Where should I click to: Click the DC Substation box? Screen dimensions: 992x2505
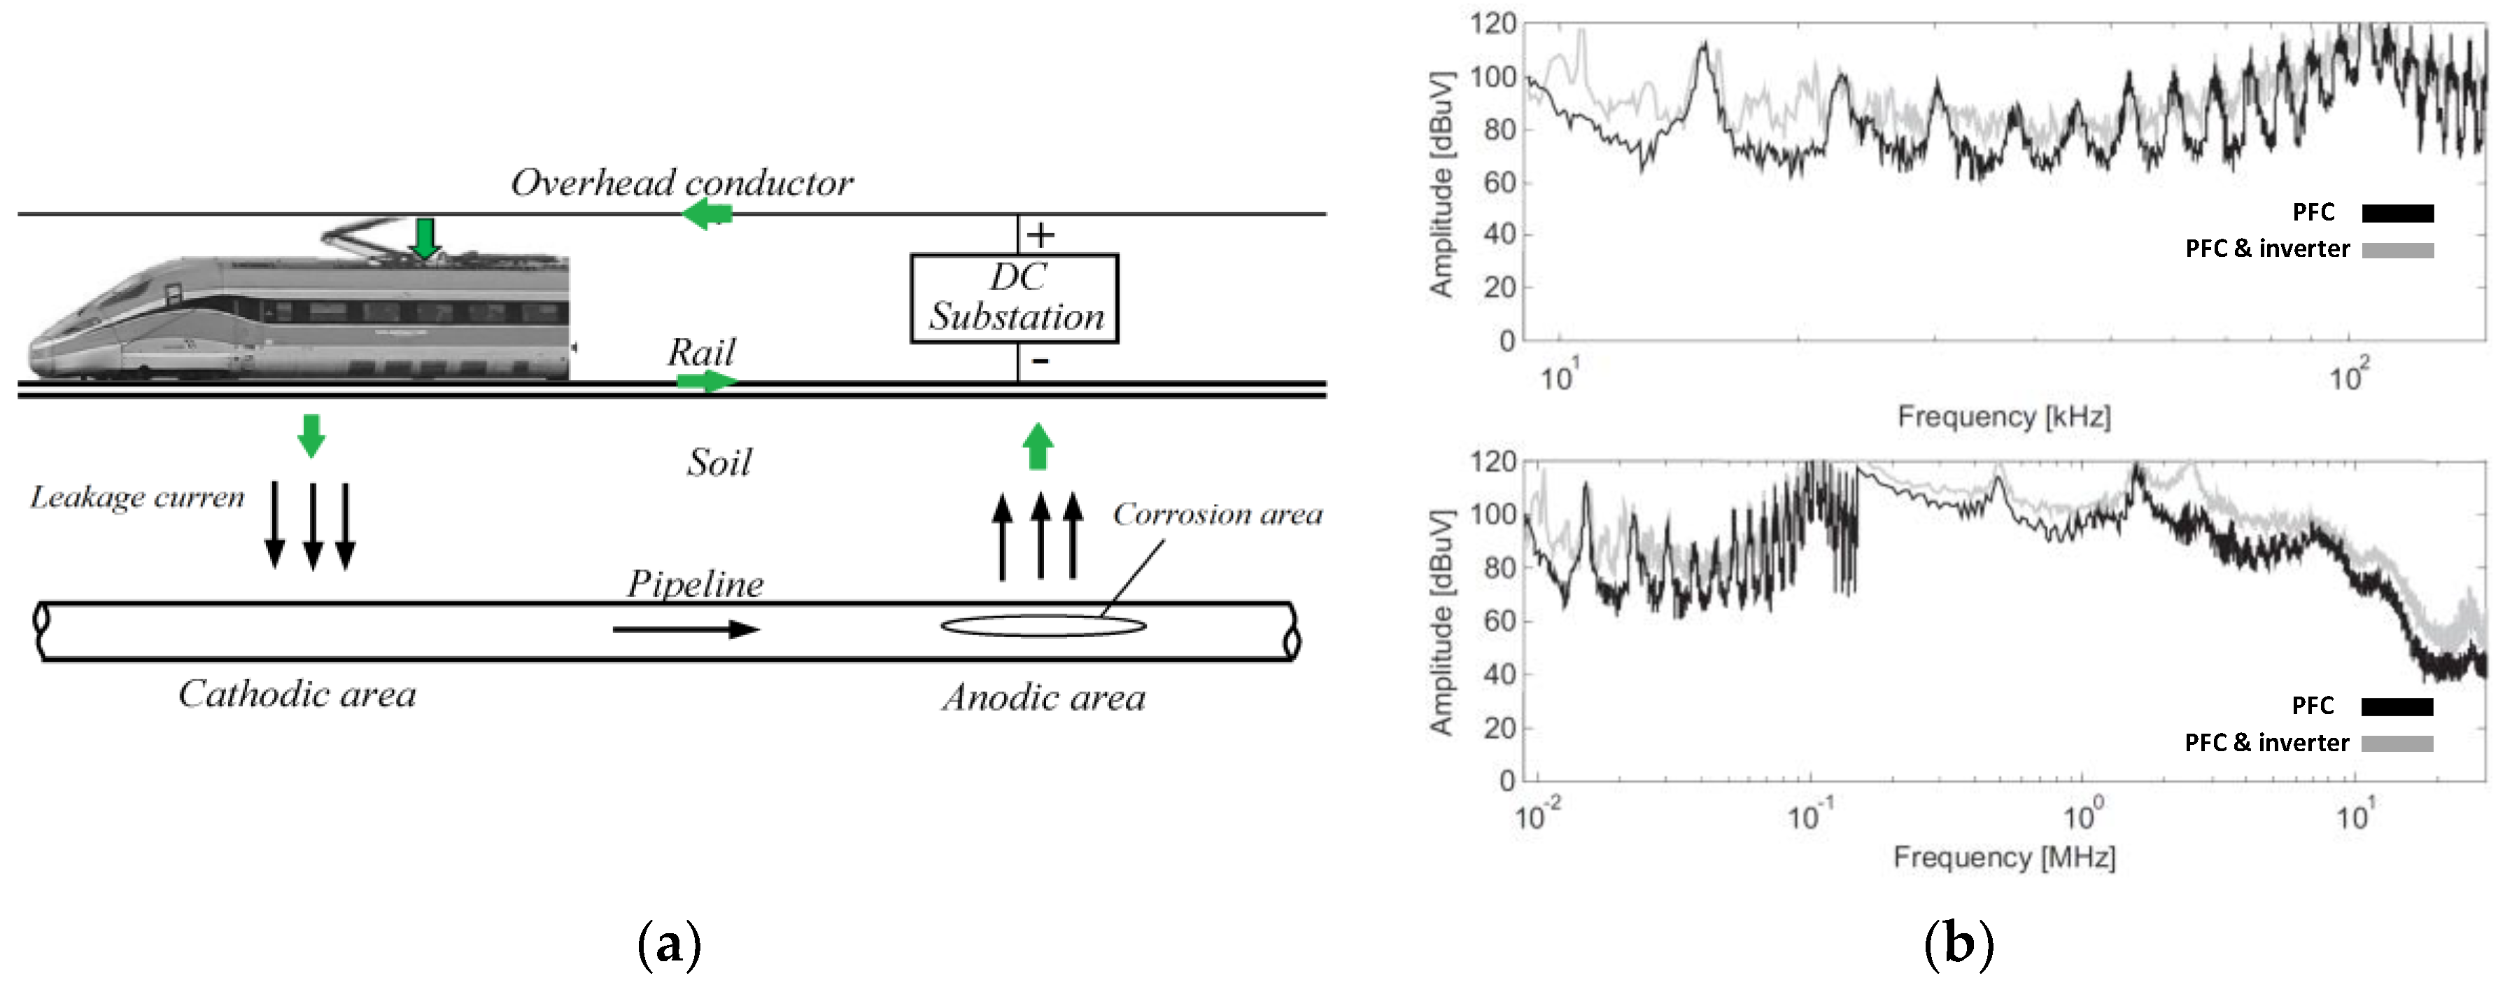(1015, 298)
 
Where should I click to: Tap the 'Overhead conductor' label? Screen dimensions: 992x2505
(682, 183)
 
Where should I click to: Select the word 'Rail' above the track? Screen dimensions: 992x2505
(700, 352)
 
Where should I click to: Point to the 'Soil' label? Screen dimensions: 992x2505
(719, 463)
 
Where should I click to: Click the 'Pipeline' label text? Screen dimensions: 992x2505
(694, 584)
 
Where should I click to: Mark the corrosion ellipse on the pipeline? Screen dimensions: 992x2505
(1043, 625)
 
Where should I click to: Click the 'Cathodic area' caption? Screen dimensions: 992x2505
(297, 694)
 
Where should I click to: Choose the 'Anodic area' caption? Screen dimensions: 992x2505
(1043, 698)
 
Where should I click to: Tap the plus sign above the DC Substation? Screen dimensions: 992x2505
(1040, 235)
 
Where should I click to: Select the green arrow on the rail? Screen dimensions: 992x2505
(706, 380)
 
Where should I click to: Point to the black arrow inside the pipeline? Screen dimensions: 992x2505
(686, 629)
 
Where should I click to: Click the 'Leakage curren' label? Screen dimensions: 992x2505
(137, 498)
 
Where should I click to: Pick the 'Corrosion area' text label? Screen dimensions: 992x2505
(1217, 515)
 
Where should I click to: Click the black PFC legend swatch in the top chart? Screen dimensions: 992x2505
(2397, 213)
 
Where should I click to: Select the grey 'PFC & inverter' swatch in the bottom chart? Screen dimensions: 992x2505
(2397, 743)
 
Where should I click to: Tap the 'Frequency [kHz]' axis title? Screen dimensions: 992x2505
(2003, 417)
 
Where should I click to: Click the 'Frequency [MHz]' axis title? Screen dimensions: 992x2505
(2003, 858)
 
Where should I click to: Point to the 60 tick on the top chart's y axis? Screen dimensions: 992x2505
(1500, 183)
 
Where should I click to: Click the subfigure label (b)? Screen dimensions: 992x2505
(1959, 944)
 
